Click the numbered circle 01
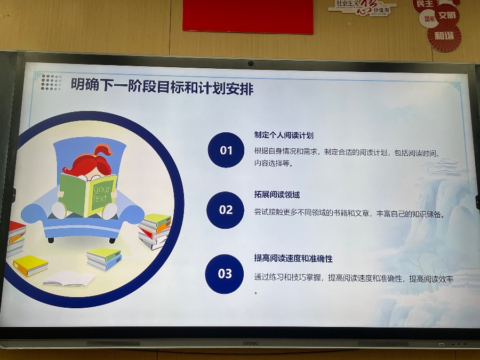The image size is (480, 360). pos(226,150)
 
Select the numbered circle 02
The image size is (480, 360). pos(225,210)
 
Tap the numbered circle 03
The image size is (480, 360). pos(225,274)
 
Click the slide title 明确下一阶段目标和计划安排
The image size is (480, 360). pos(162,86)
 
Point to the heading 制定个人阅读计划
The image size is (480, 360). pos(284,135)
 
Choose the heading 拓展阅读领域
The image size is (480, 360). pos(277,194)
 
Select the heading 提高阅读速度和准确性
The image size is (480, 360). pos(293,258)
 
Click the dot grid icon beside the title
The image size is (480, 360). pos(51,82)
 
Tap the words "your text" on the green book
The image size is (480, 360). pos(101,194)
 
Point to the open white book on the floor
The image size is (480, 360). pos(69,278)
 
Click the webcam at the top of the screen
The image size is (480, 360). pos(251,63)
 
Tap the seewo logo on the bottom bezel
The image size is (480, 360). pos(251,343)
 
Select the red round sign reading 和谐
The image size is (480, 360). pos(444,36)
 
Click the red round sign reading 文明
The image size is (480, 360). pos(446,15)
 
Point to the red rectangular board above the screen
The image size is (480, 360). pos(247,16)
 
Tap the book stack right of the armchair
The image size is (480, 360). pos(155,231)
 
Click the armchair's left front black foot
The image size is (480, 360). pos(51,241)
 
